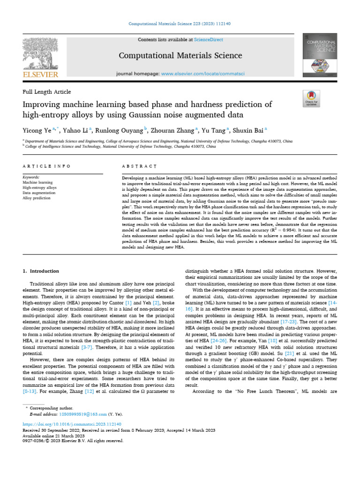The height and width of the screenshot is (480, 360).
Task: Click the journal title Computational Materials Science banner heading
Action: [x=180, y=56]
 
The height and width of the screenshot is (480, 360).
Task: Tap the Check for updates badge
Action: [x=311, y=98]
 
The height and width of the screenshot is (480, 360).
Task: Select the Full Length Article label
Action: [x=47, y=92]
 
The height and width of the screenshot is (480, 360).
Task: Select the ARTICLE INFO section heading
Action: [x=46, y=166]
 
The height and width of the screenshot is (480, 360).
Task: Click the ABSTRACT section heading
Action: [x=139, y=166]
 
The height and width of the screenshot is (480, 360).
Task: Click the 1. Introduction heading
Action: [x=41, y=271]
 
